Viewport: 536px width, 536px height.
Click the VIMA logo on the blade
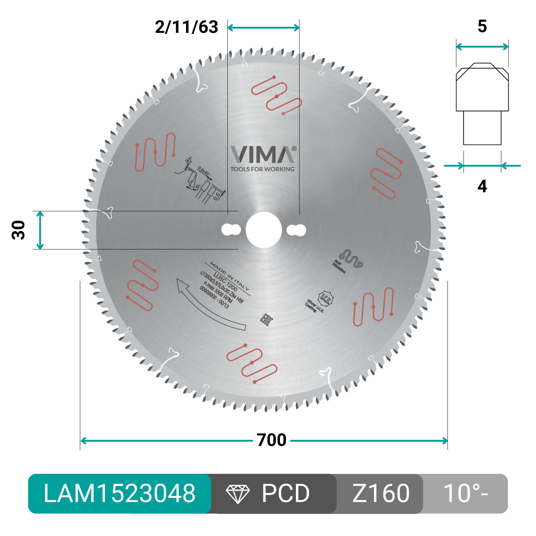pyautogui.click(x=263, y=155)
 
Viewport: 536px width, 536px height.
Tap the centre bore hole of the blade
pyautogui.click(x=264, y=230)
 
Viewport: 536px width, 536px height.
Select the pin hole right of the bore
pyautogui.click(x=296, y=230)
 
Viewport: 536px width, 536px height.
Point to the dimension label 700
pyautogui.click(x=272, y=440)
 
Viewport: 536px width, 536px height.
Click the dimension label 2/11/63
pyautogui.click(x=187, y=27)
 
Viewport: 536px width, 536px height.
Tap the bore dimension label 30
pyautogui.click(x=19, y=230)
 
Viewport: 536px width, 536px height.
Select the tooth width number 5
pyautogui.click(x=482, y=26)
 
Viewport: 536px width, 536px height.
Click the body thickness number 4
pyautogui.click(x=482, y=186)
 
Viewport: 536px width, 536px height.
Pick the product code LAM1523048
pyautogui.click(x=119, y=493)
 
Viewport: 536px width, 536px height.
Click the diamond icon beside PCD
pyautogui.click(x=238, y=494)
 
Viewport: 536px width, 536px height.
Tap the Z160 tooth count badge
pyautogui.click(x=381, y=493)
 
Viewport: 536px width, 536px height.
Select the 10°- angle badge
pyautogui.click(x=465, y=493)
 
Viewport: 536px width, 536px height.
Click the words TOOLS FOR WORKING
pyautogui.click(x=262, y=169)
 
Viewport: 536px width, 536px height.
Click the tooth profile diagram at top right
pyautogui.click(x=482, y=104)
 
